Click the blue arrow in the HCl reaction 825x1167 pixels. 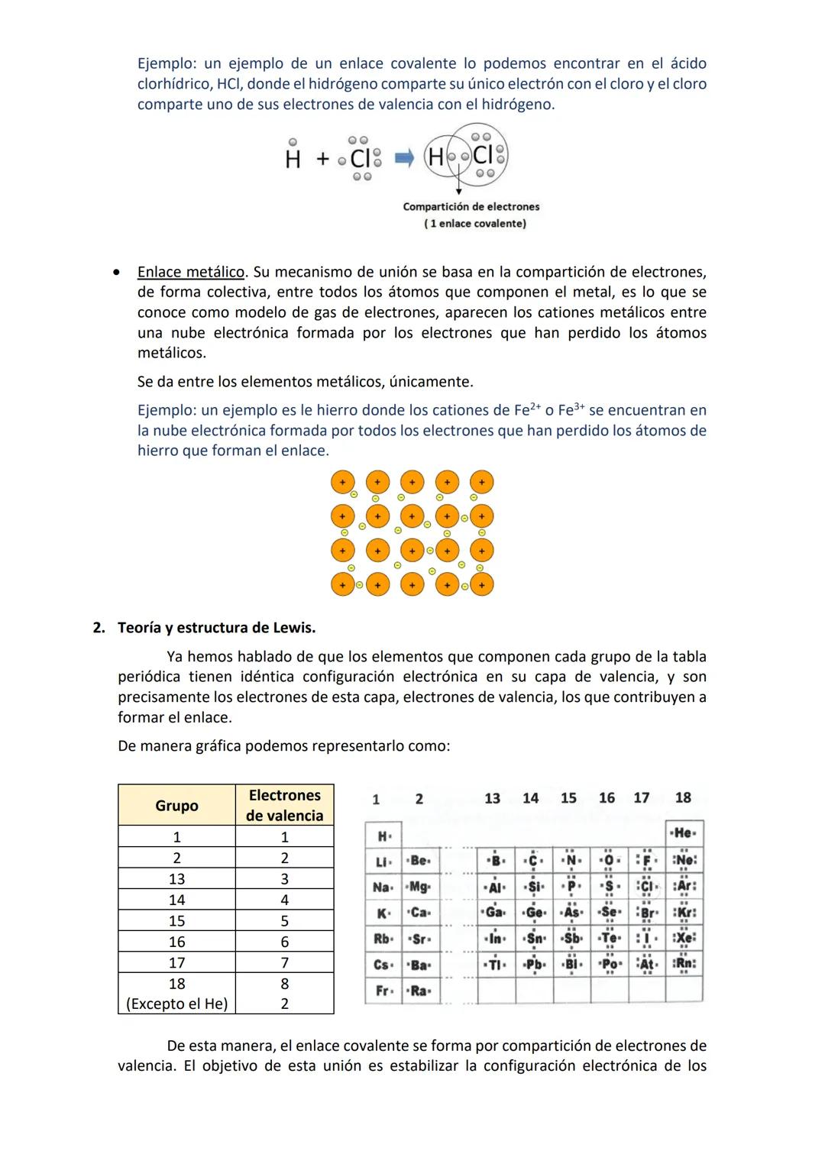(x=404, y=158)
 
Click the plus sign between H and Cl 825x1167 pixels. (x=322, y=159)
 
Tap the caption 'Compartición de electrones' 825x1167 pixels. (x=471, y=206)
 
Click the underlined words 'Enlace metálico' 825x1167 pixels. (x=191, y=272)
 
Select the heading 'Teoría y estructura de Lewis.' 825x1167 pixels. (x=216, y=628)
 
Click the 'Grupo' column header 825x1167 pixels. (x=176, y=805)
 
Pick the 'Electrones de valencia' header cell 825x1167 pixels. (x=284, y=805)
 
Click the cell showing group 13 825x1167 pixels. (x=176, y=878)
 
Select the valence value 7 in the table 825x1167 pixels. (x=284, y=962)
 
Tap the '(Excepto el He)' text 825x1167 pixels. (x=176, y=1004)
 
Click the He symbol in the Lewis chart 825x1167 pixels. (x=684, y=833)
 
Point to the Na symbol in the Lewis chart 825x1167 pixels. (x=381, y=887)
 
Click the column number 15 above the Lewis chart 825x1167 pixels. (x=568, y=798)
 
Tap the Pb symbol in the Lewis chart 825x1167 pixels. (x=534, y=964)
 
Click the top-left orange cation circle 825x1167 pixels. (x=342, y=483)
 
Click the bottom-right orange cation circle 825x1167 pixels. (x=481, y=585)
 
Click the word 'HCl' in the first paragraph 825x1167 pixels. (x=224, y=84)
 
